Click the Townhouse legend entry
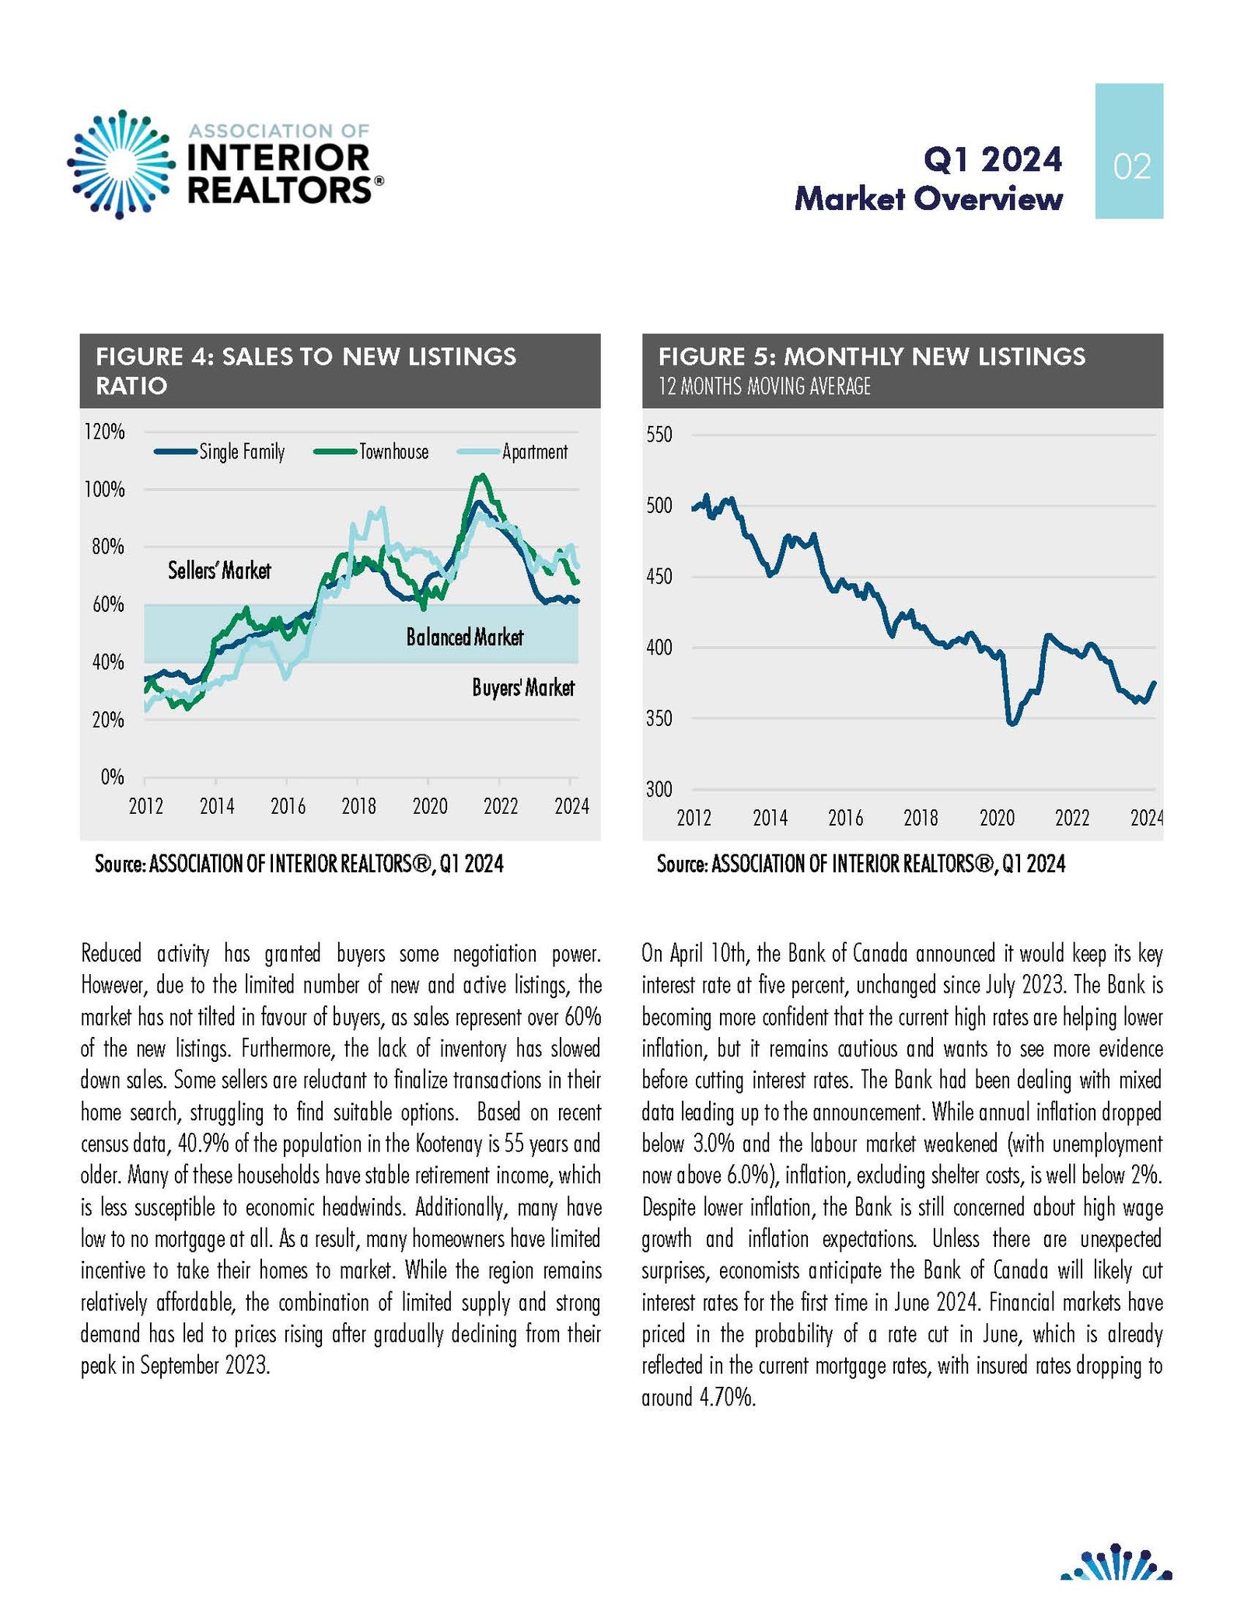tap(371, 452)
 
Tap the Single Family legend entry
tap(219, 452)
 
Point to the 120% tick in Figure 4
tap(105, 432)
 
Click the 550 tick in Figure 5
tap(659, 435)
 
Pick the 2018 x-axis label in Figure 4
tap(358, 806)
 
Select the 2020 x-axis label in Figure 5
tap(997, 818)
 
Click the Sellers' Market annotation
tap(219, 571)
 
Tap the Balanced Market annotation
tap(465, 637)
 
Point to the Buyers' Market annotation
tap(523, 687)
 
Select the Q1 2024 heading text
tap(992, 159)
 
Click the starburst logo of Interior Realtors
tap(121, 163)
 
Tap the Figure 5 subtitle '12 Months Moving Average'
tap(764, 386)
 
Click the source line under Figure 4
tap(299, 864)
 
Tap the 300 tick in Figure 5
tap(659, 790)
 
